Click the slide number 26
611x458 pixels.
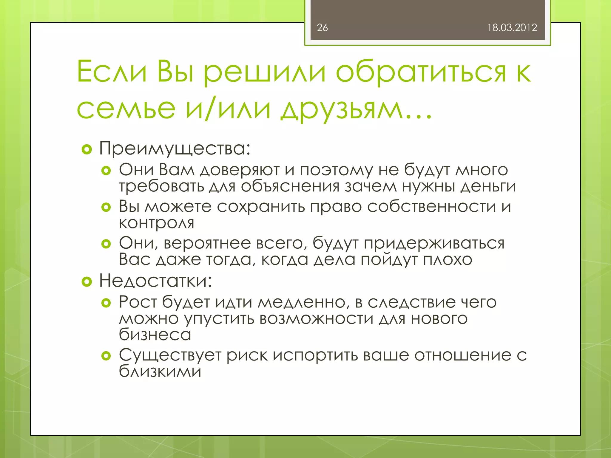point(322,28)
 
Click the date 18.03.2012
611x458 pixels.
point(512,28)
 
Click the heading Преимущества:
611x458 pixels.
point(175,148)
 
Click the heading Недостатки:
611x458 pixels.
point(155,281)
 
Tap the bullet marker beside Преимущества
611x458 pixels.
point(87,149)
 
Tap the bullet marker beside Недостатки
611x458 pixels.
point(87,281)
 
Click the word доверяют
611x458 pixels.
point(240,170)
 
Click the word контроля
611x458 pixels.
point(156,223)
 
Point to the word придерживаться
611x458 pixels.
point(434,243)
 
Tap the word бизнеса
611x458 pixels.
point(155,335)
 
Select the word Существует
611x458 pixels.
point(170,355)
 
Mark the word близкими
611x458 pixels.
point(160,372)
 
